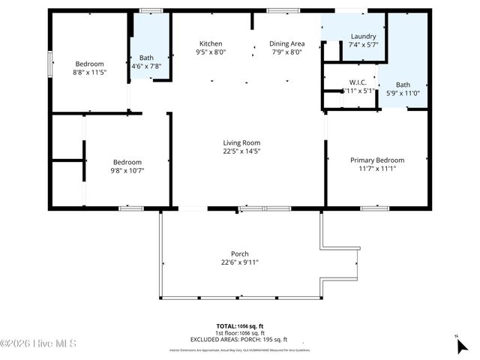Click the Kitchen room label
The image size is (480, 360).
point(211,43)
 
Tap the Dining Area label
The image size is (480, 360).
point(286,43)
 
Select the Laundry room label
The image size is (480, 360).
point(363,36)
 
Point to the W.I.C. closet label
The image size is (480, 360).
point(357,82)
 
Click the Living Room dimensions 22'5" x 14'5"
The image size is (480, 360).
point(241,152)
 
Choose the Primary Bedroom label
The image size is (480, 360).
point(377,160)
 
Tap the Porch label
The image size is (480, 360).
point(240,253)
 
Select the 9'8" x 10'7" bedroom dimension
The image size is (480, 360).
point(127,171)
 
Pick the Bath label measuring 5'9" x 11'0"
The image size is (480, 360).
point(403,85)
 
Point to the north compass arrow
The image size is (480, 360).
point(461,345)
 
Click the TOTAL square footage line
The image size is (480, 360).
point(240,326)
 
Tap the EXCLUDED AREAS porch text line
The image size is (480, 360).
point(240,340)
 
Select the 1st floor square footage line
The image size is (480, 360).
point(240,333)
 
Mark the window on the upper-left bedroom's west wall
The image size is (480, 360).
point(50,63)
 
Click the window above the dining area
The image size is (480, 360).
point(280,10)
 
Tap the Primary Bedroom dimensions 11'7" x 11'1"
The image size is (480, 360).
point(377,169)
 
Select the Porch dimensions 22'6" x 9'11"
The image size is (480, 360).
point(240,262)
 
